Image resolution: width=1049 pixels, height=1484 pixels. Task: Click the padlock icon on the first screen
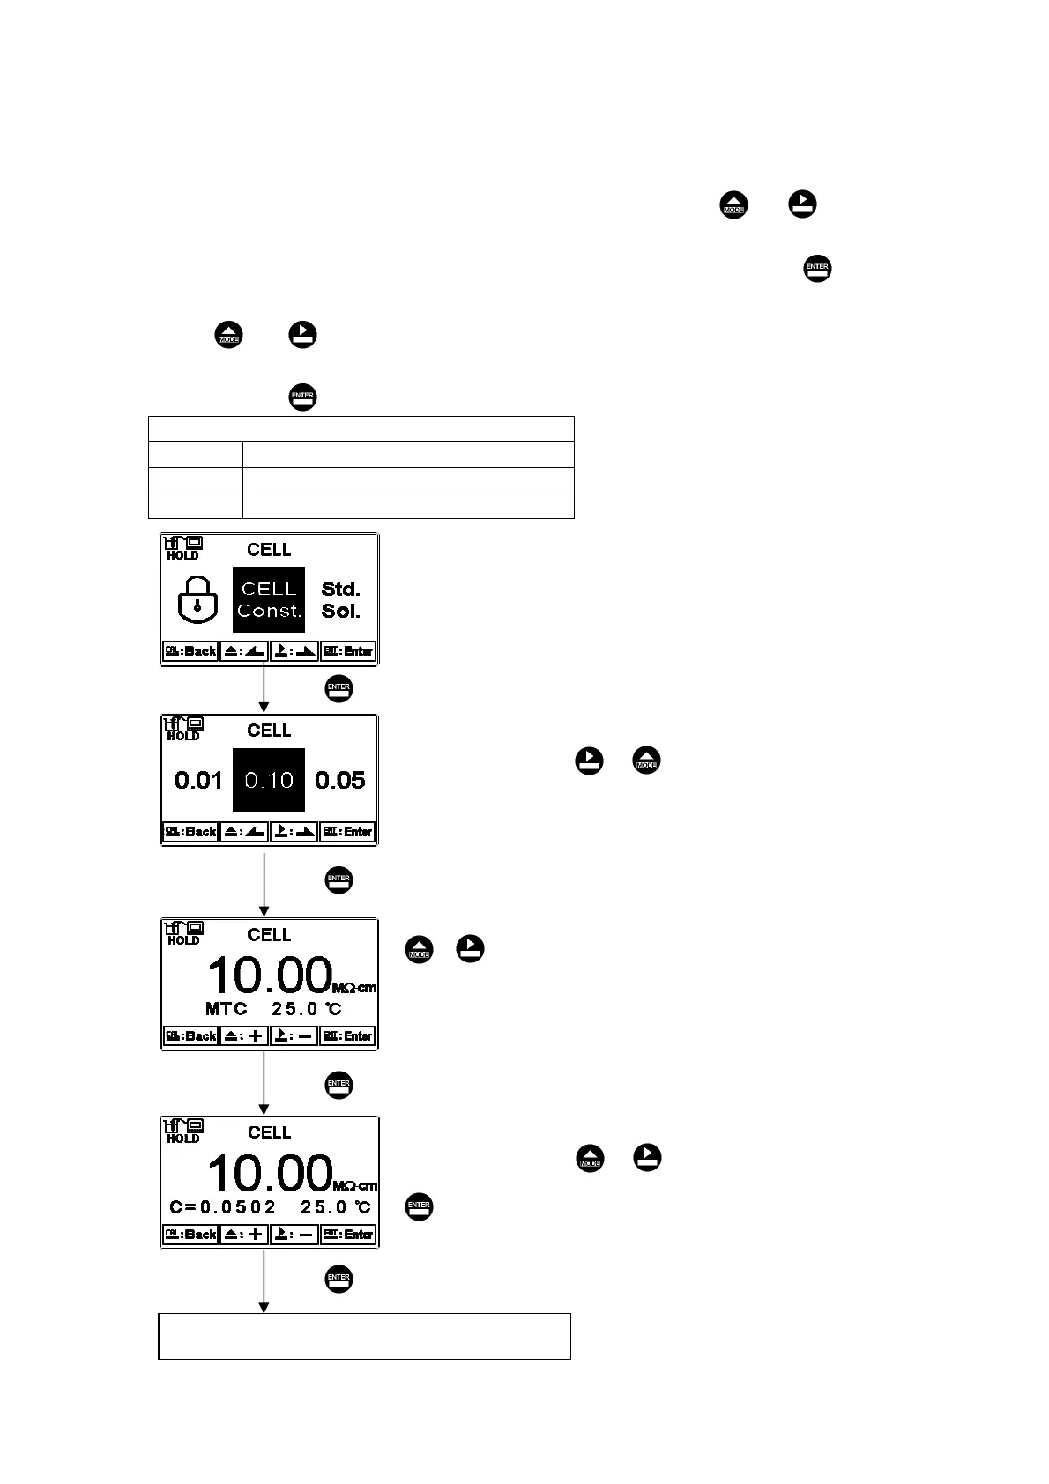197,599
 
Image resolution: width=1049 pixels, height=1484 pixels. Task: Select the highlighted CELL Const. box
269,599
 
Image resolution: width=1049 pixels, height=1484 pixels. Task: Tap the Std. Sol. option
340,600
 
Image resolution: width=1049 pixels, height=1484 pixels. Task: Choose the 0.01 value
198,780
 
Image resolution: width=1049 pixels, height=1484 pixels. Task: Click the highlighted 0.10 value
269,780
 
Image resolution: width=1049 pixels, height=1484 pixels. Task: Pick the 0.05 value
340,780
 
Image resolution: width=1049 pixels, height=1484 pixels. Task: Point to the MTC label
227,1008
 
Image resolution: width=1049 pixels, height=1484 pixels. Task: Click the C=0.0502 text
223,1206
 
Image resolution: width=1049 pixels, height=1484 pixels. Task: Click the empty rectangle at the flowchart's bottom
364,1336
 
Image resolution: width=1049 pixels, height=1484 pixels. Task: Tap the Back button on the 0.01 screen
190,832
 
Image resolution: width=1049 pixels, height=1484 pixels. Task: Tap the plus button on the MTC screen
244,1036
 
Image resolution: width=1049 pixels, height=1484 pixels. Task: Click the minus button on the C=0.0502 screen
294,1235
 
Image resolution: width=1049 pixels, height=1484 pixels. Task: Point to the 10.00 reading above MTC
269,976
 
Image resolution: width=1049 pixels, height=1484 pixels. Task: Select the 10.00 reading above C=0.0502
269,1174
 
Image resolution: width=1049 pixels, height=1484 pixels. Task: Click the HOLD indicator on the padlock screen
182,555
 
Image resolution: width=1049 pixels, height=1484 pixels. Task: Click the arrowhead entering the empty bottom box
264,1307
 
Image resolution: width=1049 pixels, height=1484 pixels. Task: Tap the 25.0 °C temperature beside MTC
307,1008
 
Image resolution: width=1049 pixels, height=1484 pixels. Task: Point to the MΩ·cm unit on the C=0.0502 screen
354,1186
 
